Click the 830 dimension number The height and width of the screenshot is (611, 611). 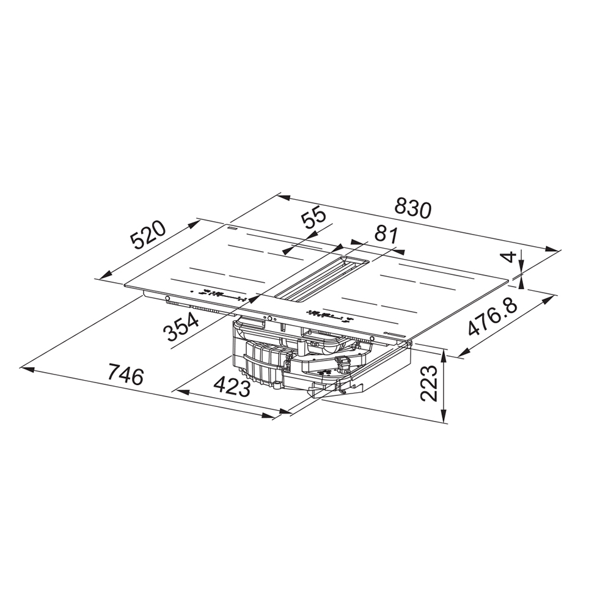click(414, 208)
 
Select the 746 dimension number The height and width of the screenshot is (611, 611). click(126, 373)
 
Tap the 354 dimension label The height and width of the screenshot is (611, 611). click(181, 326)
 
